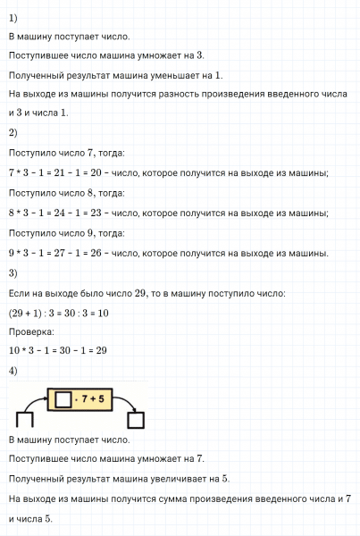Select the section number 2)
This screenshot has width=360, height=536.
[13, 133]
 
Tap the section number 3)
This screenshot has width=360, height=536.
[13, 273]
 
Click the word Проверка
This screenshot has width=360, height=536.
[30, 333]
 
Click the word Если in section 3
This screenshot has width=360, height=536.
[18, 294]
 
